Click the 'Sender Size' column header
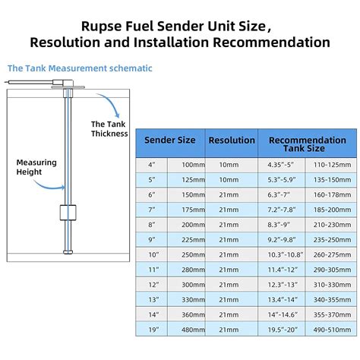(x=169, y=141)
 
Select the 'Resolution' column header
(x=232, y=141)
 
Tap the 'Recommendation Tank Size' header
(x=307, y=145)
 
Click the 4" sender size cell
(x=151, y=165)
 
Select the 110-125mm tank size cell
(x=332, y=165)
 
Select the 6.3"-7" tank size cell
(x=281, y=195)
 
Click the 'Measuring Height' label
(x=35, y=166)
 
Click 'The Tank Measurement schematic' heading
(x=80, y=68)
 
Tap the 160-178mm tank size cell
(x=332, y=195)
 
